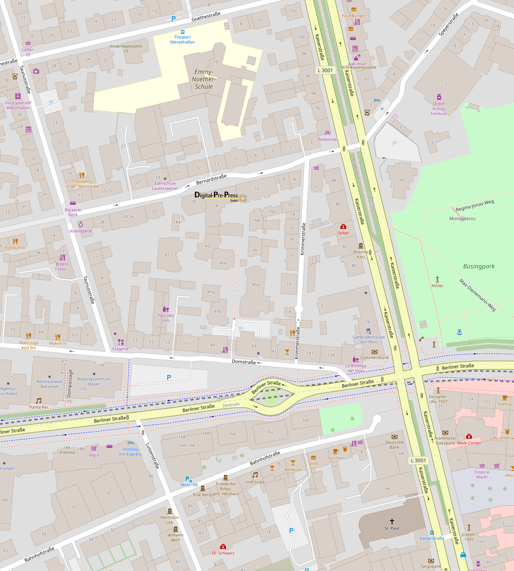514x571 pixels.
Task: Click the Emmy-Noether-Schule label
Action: point(204,79)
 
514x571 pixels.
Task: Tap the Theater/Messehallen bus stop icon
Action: point(182,32)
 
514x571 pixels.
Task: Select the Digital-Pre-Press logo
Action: point(221,196)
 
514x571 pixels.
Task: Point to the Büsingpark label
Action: point(479,266)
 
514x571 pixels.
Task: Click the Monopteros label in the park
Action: point(462,218)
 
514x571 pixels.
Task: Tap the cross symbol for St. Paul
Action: point(392,521)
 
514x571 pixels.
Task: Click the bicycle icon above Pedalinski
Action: point(328,133)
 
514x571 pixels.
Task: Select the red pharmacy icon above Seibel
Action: point(343,226)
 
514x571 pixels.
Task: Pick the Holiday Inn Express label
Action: point(130,452)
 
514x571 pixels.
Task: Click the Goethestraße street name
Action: point(206,17)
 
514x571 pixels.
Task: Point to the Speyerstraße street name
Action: point(448,25)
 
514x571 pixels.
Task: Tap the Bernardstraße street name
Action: point(211,180)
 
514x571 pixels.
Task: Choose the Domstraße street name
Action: point(244,362)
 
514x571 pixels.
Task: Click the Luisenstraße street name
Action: point(152,456)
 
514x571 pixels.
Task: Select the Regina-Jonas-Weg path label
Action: point(474,205)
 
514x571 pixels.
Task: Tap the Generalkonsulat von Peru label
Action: point(369,339)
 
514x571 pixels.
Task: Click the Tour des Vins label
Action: point(166,318)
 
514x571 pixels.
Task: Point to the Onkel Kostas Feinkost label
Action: point(439,109)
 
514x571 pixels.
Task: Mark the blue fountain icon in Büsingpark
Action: point(459,332)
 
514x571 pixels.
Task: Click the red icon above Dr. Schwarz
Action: point(223,546)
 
